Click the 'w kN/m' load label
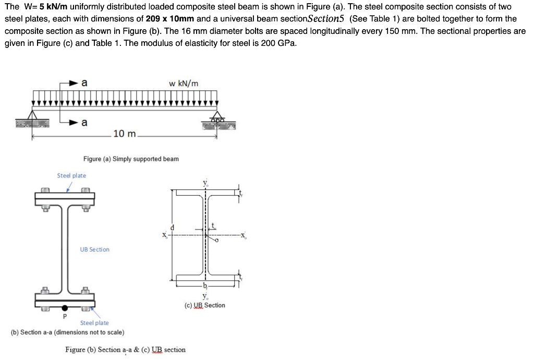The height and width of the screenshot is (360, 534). pos(184,83)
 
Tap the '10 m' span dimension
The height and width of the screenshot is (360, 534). pos(124,134)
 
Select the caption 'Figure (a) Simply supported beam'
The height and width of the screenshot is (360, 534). pos(131,159)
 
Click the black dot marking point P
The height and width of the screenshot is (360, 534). pos(65,309)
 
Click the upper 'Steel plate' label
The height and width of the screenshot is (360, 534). pos(71,176)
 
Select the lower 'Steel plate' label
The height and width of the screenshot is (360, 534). pos(94,323)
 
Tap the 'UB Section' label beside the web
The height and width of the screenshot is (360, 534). pos(94,249)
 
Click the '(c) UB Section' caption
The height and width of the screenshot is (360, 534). pos(205,305)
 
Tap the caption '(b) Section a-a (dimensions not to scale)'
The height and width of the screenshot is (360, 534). pos(67,332)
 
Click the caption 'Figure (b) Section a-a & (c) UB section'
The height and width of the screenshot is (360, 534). pos(125,350)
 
